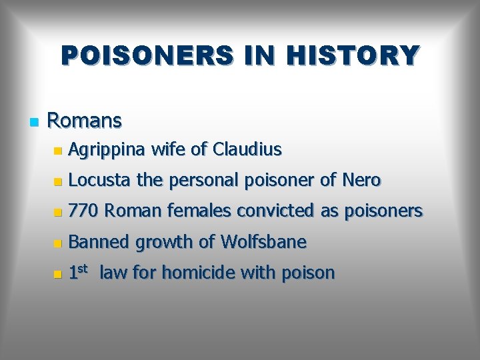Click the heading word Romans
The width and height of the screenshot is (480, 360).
tap(85, 121)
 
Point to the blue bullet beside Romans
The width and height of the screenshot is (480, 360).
tap(33, 122)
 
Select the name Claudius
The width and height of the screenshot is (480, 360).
tap(247, 150)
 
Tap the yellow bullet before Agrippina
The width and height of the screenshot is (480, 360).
tap(59, 151)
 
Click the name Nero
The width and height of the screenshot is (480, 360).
tap(361, 181)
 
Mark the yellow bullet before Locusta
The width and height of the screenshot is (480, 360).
tap(59, 182)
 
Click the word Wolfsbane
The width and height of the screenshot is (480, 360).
tap(262, 242)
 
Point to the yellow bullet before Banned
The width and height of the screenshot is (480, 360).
tap(59, 243)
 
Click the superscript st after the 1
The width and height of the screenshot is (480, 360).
tap(85, 269)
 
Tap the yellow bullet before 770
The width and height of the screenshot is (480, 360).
tap(59, 213)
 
